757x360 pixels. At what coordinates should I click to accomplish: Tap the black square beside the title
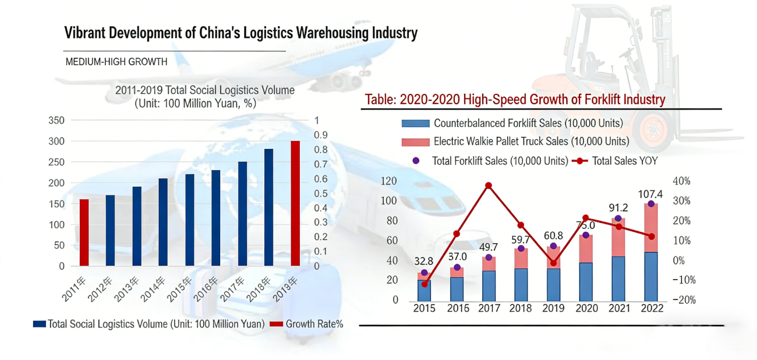pos(42,40)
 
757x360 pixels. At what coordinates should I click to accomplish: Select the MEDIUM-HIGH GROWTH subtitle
pos(116,62)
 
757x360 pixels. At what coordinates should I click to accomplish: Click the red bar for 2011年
pos(84,232)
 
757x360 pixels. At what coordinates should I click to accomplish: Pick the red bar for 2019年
pos(296,203)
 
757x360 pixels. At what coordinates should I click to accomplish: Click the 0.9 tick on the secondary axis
pos(321,135)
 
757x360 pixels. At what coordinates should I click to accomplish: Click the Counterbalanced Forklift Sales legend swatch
pos(415,123)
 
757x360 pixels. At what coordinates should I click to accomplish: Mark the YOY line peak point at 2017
pos(489,186)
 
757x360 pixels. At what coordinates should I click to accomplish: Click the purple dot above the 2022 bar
pos(651,204)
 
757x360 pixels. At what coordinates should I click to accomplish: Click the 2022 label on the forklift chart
pos(651,309)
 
